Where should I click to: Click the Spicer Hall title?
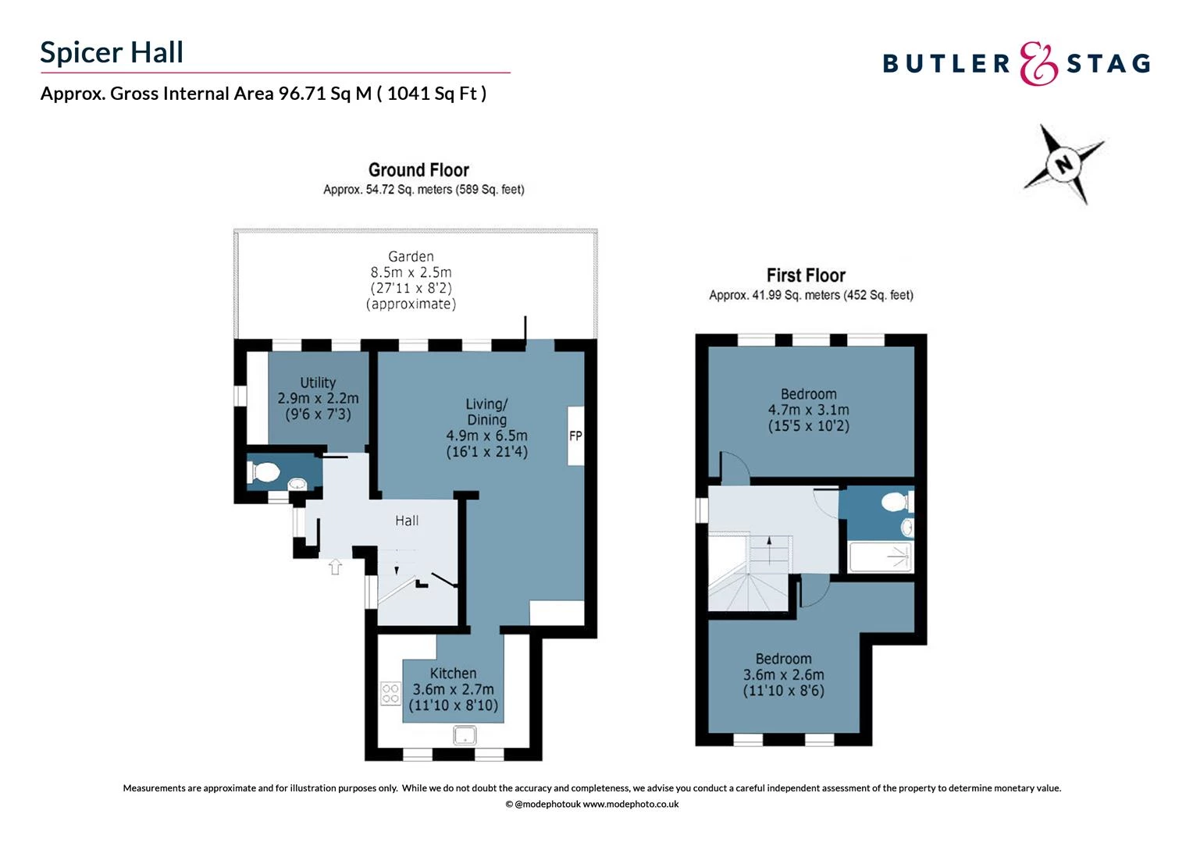pos(112,52)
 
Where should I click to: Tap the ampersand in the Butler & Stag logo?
pos(1038,63)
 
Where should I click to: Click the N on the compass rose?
pos(1063,165)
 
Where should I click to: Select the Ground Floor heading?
pos(418,170)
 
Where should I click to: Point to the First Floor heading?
pos(806,276)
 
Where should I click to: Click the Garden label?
pos(411,257)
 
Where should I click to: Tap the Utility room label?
pos(318,382)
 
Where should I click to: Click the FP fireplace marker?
pos(575,436)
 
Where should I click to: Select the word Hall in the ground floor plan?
pos(407,521)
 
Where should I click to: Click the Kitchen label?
pos(453,673)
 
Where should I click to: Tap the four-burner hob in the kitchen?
pos(390,693)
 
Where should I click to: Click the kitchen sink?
pos(465,735)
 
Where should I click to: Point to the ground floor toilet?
pos(265,472)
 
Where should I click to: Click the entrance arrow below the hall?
pos(335,567)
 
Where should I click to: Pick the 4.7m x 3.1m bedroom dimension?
pos(808,410)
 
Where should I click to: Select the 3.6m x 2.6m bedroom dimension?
pos(783,674)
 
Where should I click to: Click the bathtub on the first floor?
pos(880,557)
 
